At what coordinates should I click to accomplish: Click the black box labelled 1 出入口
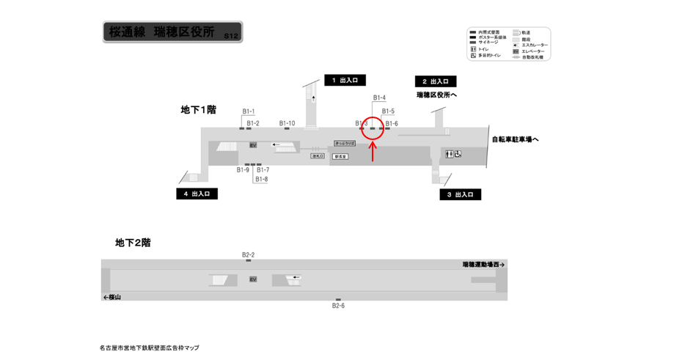tap(345, 80)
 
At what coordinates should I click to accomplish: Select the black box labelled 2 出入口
tap(436, 81)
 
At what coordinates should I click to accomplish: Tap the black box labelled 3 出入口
tap(460, 195)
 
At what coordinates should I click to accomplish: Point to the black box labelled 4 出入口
tap(197, 194)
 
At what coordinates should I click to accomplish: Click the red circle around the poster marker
tap(373, 129)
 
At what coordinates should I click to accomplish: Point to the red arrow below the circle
tap(373, 152)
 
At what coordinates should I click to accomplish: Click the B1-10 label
tap(287, 123)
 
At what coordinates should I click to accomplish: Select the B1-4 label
tap(379, 98)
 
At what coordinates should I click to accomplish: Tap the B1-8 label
tap(262, 179)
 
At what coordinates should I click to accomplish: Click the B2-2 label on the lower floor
tap(248, 254)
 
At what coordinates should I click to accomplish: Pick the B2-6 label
tap(338, 306)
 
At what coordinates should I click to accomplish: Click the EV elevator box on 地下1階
tap(253, 145)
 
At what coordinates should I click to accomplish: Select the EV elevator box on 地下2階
tap(253, 279)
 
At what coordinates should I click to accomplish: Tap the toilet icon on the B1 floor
tap(450, 154)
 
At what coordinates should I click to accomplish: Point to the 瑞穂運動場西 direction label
tap(483, 265)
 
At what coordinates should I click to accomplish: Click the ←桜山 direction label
tap(112, 297)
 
